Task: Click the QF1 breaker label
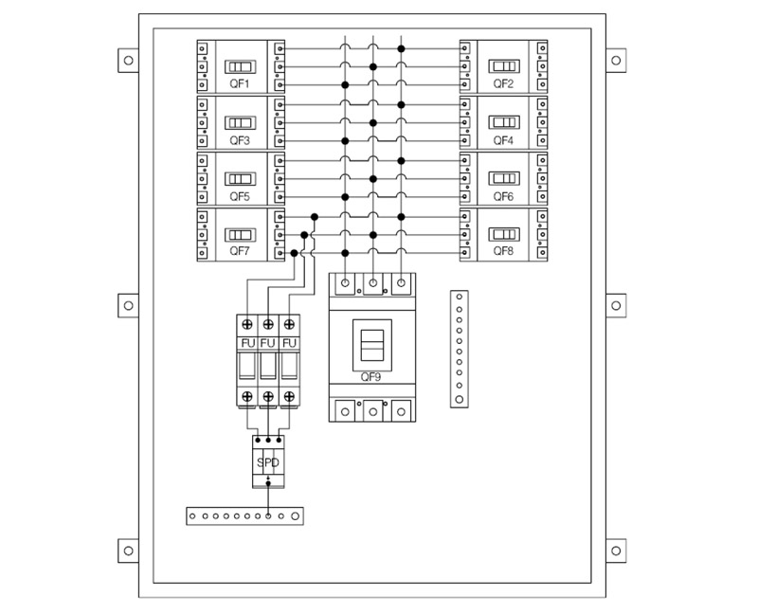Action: click(x=240, y=83)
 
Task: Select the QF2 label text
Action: click(x=503, y=83)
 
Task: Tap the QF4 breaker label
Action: click(x=503, y=140)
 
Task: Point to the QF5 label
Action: click(x=240, y=196)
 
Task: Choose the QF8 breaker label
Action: click(x=503, y=251)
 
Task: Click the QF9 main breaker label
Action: click(x=370, y=377)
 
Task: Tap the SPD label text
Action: click(x=268, y=462)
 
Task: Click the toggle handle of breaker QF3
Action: click(x=240, y=123)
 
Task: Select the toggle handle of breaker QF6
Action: click(x=504, y=178)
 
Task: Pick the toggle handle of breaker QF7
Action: click(x=240, y=235)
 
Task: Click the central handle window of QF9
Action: click(x=372, y=345)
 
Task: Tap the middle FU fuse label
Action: click(x=268, y=343)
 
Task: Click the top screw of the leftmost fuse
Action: click(x=247, y=324)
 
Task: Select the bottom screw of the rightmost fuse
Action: click(x=289, y=396)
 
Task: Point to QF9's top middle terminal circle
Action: click(x=372, y=282)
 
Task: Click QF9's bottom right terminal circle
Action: click(x=401, y=412)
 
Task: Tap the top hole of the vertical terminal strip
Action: click(x=460, y=297)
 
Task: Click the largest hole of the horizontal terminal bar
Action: click(x=295, y=516)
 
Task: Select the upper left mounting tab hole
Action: click(x=128, y=61)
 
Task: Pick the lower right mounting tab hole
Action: click(x=616, y=551)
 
